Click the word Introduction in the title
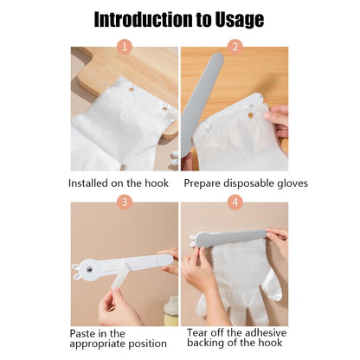click(x=144, y=19)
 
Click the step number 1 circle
click(x=125, y=47)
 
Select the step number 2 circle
click(x=235, y=47)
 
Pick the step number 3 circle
click(x=125, y=202)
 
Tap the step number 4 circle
click(x=235, y=202)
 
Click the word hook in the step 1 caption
click(x=157, y=183)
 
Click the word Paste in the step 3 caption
click(x=83, y=333)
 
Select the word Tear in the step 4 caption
click(x=197, y=332)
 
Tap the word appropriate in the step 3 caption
click(x=97, y=344)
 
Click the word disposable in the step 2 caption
click(x=249, y=183)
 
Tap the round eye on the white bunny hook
click(x=90, y=270)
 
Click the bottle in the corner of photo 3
click(x=170, y=312)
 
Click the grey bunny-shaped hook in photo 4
click(x=228, y=238)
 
